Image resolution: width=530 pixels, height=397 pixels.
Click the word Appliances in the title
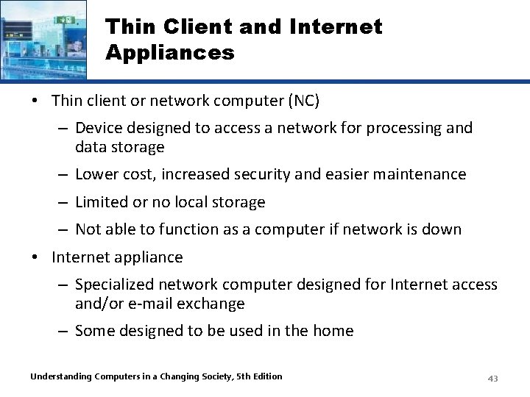point(170,53)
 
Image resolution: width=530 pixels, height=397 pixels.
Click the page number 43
point(492,378)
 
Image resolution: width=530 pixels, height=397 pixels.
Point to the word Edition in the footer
point(266,376)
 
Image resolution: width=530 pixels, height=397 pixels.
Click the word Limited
point(102,201)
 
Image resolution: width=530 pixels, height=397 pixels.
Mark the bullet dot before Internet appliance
point(36,257)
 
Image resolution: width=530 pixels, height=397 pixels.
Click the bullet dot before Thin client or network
point(36,100)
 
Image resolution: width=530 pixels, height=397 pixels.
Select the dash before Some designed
point(64,331)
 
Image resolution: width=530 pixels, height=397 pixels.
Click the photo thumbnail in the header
point(43,39)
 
